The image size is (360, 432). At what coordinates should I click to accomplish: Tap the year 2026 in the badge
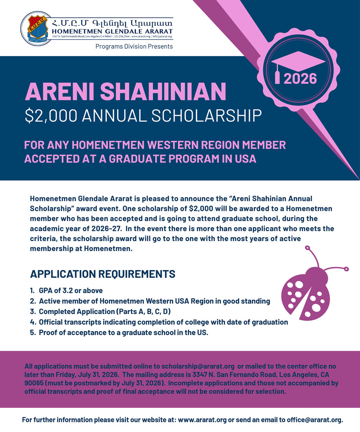click(300, 79)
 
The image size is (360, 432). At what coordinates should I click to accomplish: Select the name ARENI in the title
click(60, 92)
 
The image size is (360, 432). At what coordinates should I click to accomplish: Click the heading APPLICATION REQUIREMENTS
click(103, 274)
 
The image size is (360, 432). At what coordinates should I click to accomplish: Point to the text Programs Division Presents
click(134, 46)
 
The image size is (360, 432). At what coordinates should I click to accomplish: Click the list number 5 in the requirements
click(32, 333)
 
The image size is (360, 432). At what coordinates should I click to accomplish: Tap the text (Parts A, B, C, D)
click(151, 311)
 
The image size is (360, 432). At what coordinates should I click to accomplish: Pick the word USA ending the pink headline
click(244, 159)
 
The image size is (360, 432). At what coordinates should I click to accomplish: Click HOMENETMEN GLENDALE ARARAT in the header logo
click(112, 31)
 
